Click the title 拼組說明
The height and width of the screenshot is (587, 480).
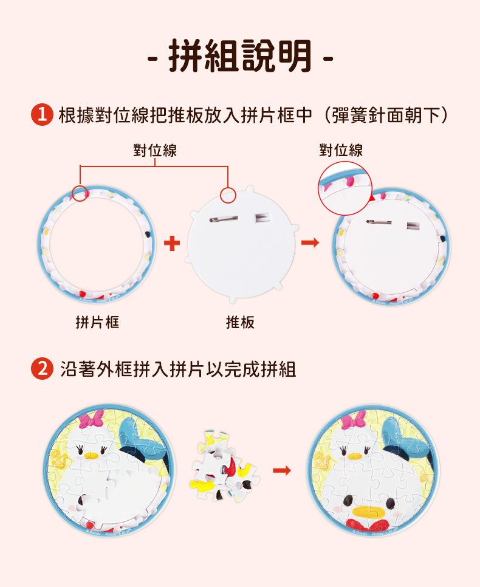click(x=240, y=56)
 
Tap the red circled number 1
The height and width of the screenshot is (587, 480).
click(x=42, y=115)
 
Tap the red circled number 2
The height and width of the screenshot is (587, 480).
click(x=42, y=369)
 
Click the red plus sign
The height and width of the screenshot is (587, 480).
click(x=172, y=243)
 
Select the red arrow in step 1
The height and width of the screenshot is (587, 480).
click(x=310, y=242)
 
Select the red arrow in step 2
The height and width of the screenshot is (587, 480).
click(x=282, y=470)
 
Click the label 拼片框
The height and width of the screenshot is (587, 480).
click(x=97, y=322)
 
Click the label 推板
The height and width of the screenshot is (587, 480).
click(x=240, y=322)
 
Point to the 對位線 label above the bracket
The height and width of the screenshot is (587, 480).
click(x=155, y=151)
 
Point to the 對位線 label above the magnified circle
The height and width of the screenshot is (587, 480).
click(x=341, y=151)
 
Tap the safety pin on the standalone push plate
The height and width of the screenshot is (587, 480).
click(x=224, y=219)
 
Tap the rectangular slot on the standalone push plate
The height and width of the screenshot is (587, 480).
click(x=262, y=218)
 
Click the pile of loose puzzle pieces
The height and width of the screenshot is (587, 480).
click(x=225, y=467)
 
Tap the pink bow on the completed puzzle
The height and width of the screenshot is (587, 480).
click(x=353, y=421)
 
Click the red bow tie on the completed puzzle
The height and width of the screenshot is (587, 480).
click(x=368, y=524)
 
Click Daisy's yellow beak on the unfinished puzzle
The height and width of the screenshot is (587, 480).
click(x=91, y=456)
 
